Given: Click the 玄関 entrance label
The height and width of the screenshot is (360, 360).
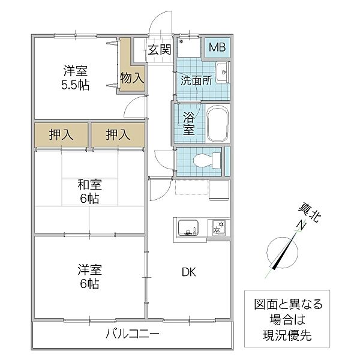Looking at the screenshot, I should pyautogui.click(x=160, y=50).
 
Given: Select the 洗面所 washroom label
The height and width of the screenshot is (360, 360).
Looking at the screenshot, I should pyautogui.click(x=197, y=79).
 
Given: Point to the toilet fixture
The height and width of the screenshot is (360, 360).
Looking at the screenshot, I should pyautogui.click(x=206, y=160).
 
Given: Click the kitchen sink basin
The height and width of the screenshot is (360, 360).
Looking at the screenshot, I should pyautogui.click(x=189, y=228).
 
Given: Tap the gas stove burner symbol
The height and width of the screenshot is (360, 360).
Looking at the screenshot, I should pyautogui.click(x=218, y=228).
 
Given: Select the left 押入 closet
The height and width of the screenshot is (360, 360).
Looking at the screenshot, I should pyautogui.click(x=61, y=135).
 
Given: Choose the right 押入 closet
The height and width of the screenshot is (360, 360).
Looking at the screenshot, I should pyautogui.click(x=118, y=135).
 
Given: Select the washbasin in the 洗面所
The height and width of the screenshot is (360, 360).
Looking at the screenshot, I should pyautogui.click(x=221, y=73).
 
